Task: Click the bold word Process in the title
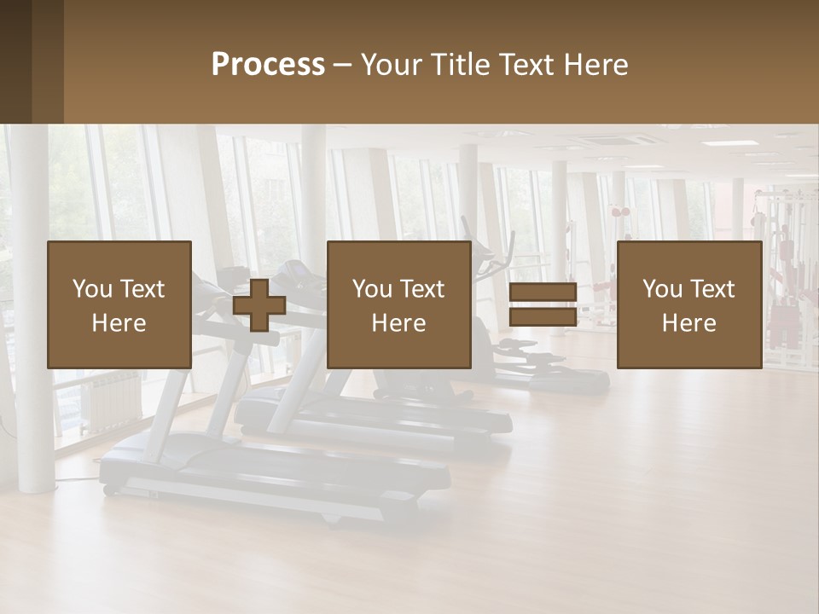click(268, 65)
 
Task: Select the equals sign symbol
click(543, 304)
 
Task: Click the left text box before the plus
click(119, 304)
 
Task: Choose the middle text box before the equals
click(398, 304)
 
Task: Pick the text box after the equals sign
click(688, 304)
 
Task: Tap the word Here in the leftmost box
click(119, 323)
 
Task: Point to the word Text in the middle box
click(422, 289)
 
